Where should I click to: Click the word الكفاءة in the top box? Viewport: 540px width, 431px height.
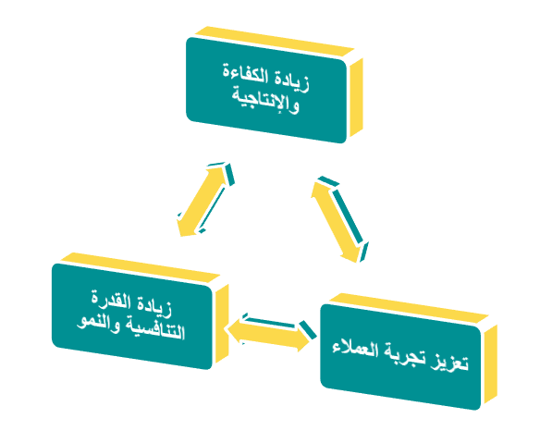point(246,74)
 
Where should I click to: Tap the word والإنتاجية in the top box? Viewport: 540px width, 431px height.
point(265,100)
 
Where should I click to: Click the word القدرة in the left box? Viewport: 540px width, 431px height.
point(111,300)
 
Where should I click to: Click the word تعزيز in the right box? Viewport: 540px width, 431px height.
point(449,362)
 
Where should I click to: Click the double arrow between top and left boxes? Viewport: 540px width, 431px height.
point(205,199)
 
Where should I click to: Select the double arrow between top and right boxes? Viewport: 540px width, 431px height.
point(339,219)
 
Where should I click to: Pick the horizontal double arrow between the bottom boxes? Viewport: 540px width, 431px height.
point(270,332)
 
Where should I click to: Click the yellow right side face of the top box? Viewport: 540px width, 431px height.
point(356,97)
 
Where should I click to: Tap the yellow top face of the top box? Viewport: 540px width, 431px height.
point(275,42)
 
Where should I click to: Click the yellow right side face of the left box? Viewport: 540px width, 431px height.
point(222,323)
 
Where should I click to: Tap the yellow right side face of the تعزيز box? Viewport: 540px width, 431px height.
point(491,363)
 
